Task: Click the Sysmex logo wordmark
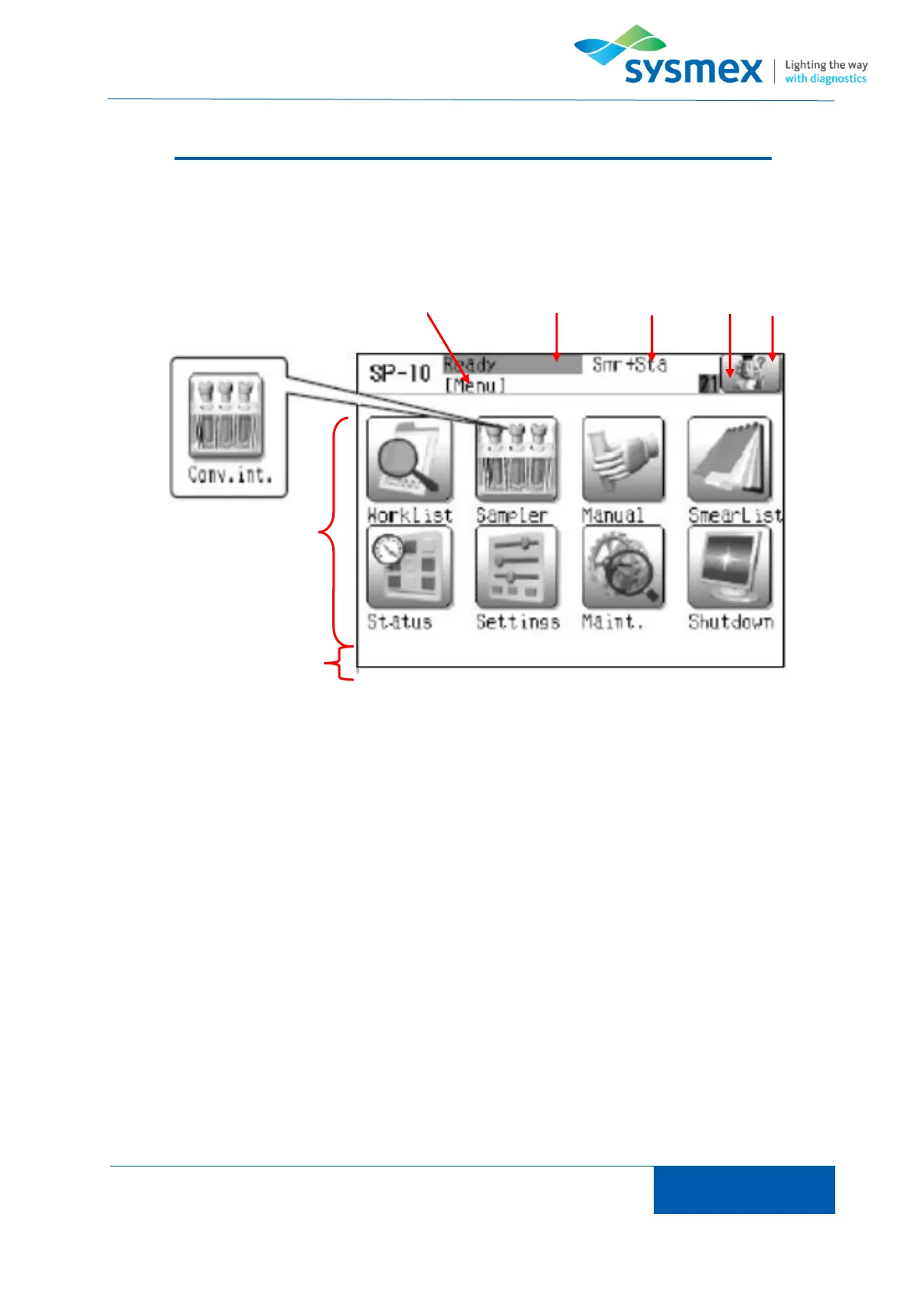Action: click(693, 70)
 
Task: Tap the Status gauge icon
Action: click(410, 567)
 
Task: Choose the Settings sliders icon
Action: click(516, 567)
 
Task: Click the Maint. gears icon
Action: click(622, 567)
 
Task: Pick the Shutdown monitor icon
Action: click(730, 567)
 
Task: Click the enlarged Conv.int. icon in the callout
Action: click(226, 417)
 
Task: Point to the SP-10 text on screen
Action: click(400, 374)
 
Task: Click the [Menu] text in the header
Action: click(475, 385)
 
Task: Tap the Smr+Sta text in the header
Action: click(629, 365)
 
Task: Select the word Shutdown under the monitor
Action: click(730, 622)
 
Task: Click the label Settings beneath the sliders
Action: click(518, 622)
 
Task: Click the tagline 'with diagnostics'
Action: click(825, 79)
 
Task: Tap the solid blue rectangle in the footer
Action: click(743, 1189)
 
